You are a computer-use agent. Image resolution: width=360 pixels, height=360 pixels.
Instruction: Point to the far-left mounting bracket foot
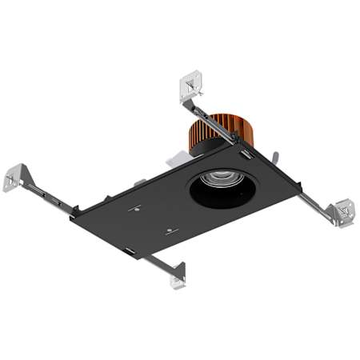pyautogui.click(x=14, y=178)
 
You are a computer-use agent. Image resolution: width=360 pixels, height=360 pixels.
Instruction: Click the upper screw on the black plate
pyautogui.click(x=137, y=209)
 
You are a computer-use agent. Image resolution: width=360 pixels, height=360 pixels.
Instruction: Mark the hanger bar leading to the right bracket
pyautogui.click(x=316, y=203)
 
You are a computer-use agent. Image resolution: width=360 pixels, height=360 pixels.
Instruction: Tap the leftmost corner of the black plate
pyautogui.click(x=72, y=214)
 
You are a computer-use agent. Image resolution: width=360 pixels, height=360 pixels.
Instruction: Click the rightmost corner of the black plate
pyautogui.click(x=301, y=190)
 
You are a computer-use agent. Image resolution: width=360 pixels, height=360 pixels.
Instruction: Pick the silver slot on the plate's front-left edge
pyautogui.click(x=128, y=250)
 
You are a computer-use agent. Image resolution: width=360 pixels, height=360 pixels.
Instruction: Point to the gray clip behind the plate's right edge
pyautogui.click(x=274, y=158)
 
